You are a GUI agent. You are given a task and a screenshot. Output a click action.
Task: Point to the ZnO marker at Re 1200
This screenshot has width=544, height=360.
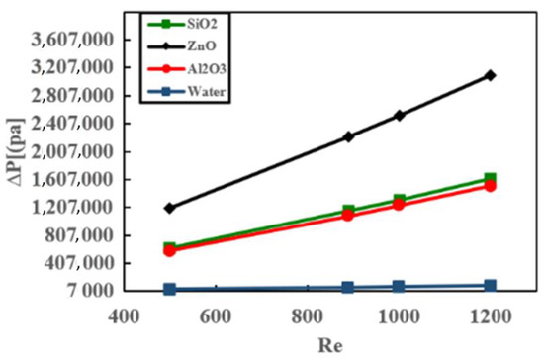coord(491,75)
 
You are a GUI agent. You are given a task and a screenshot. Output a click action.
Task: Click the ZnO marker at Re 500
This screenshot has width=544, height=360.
coord(170,208)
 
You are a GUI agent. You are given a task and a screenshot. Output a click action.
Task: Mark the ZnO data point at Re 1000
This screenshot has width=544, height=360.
coord(399,116)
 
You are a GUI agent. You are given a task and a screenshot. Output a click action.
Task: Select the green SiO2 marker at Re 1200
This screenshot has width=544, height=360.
coord(491,179)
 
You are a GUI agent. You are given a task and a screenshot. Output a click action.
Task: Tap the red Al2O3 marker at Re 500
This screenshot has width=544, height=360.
coord(170,251)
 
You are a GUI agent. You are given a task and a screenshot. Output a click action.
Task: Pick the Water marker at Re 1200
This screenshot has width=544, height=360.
coord(491,286)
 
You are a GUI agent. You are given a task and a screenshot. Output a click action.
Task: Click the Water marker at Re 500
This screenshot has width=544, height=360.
coord(170,289)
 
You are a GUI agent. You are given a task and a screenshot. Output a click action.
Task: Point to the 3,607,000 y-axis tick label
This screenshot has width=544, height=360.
coord(75,40)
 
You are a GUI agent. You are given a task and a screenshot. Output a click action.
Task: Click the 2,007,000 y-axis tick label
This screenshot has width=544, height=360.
coord(75,151)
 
